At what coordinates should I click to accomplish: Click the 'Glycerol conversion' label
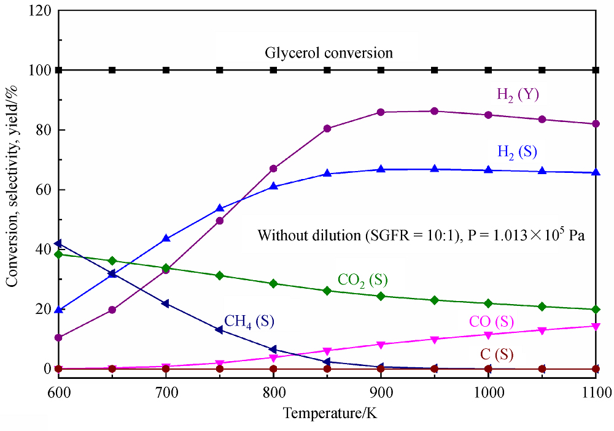(328, 53)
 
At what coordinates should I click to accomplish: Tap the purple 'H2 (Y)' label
(518, 94)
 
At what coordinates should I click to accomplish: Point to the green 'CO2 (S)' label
(363, 280)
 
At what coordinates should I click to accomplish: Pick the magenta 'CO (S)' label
(491, 321)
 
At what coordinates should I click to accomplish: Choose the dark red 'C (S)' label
(496, 354)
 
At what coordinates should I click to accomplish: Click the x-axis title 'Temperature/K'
(330, 413)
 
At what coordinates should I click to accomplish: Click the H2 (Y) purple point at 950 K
(435, 111)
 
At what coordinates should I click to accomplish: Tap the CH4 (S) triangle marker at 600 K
(58, 243)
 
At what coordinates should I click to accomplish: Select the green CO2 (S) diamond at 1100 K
(596, 310)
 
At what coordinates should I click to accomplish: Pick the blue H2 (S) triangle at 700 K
(166, 238)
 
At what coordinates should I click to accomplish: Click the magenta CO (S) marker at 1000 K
(489, 335)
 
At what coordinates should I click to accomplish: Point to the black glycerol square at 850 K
(327, 70)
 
